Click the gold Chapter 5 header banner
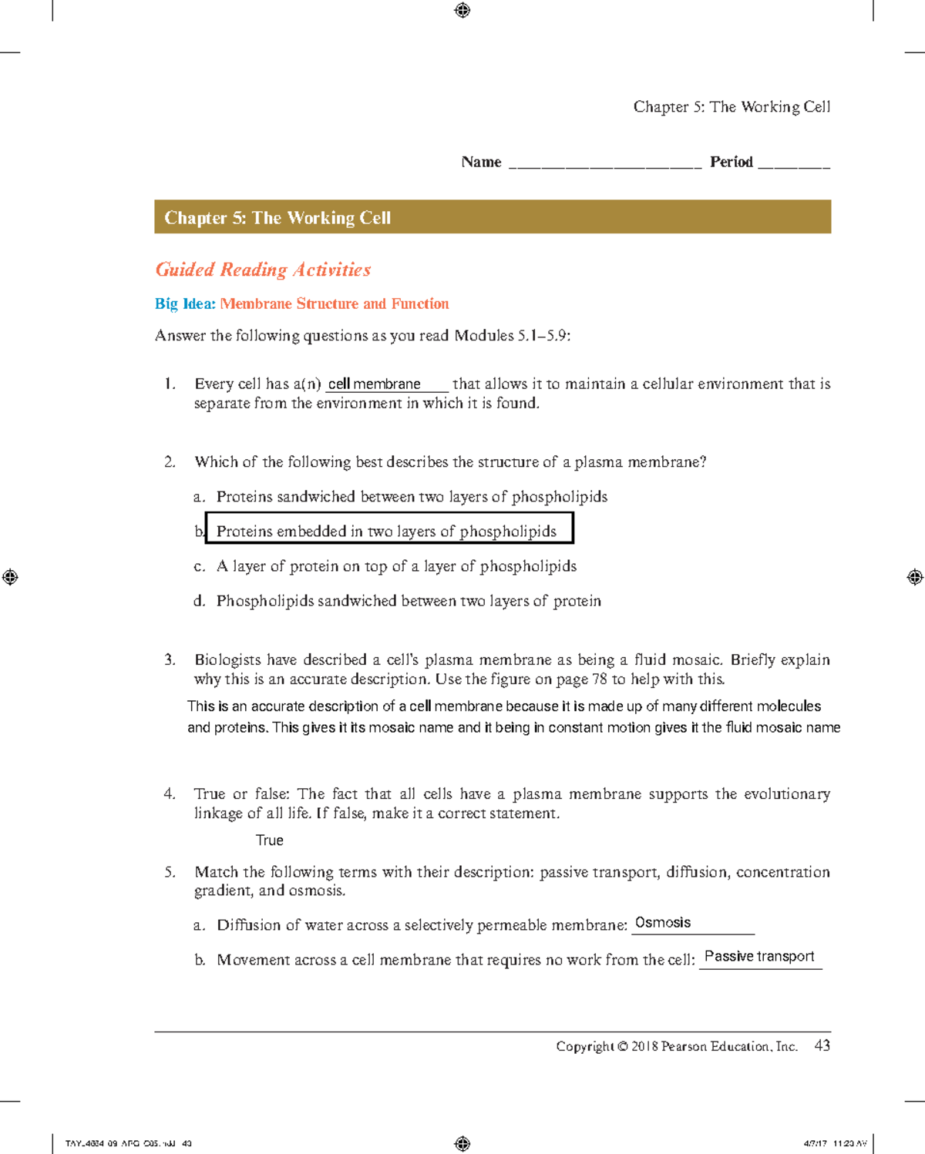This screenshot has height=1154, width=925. (492, 217)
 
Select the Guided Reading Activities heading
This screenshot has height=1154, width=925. (263, 270)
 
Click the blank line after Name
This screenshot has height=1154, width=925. (604, 163)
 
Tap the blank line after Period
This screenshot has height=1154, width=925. (794, 163)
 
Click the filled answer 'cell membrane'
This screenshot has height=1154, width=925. (375, 384)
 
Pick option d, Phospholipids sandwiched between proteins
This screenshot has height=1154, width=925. (408, 601)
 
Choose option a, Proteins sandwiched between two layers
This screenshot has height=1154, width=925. (411, 497)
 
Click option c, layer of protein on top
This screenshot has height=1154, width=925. (395, 566)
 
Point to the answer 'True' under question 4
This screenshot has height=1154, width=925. (269, 840)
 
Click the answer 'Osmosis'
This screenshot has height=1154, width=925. (662, 923)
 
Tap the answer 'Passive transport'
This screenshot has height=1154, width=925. (758, 957)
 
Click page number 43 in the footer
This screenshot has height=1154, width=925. (822, 1045)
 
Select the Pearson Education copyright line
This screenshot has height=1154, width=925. (676, 1046)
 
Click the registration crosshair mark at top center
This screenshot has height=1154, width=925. (462, 11)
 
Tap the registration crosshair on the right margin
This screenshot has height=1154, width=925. (914, 577)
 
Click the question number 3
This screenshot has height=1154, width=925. (170, 659)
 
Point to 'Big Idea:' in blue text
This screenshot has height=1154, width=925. (185, 304)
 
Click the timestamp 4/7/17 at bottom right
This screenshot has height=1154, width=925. (814, 1143)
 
